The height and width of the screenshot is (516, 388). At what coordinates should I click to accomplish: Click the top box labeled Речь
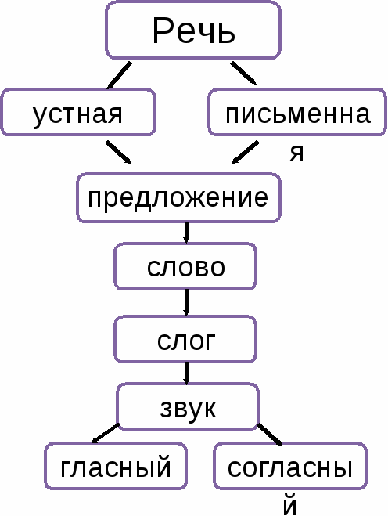[193, 30]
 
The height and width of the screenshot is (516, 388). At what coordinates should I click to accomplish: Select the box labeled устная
[78, 112]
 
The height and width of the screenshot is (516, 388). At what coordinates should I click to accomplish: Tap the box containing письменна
[297, 112]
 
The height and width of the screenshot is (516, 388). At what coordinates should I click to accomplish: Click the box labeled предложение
[178, 197]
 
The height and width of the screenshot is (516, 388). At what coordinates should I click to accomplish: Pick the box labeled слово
[185, 266]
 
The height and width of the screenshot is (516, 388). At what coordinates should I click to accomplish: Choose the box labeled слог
[185, 339]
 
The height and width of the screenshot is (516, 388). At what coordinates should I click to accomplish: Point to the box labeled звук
[188, 406]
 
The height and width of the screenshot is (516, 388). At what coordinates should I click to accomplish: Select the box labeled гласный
[116, 466]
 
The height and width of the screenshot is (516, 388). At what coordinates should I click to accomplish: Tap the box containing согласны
[290, 466]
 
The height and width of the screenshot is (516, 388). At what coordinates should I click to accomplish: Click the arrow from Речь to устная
[119, 75]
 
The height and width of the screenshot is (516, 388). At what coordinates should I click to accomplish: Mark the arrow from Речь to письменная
[243, 73]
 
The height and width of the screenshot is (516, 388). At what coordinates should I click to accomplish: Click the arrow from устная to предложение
[118, 152]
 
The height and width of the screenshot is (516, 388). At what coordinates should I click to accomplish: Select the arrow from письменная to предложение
[246, 152]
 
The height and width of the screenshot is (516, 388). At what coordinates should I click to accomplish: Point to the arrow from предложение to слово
[186, 233]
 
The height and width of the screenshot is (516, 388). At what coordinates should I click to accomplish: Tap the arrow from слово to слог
[186, 303]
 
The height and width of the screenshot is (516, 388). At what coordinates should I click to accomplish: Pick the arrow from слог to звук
[186, 373]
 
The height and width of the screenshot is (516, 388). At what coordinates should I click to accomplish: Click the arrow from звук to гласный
[106, 434]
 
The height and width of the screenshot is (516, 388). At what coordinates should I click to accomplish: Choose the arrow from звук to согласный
[270, 435]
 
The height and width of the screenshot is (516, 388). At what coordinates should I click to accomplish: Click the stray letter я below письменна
[296, 153]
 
